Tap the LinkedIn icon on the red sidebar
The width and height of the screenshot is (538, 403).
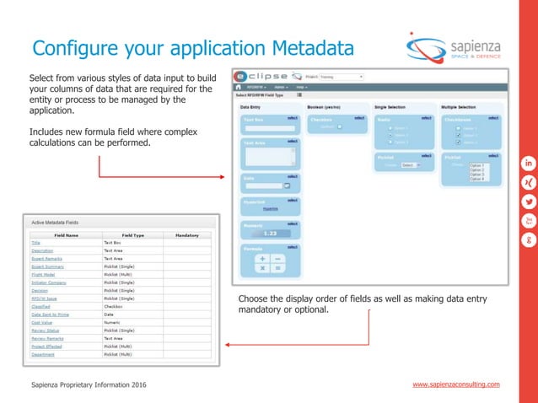[529, 162]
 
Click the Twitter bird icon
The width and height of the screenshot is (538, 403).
[529, 201]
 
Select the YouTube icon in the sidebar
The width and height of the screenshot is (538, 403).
[529, 221]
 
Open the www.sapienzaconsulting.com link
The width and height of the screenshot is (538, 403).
[455, 384]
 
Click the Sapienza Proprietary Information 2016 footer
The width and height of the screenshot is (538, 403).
[88, 384]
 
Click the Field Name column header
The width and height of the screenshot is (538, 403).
[66, 235]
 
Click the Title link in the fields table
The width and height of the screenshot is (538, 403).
[35, 243]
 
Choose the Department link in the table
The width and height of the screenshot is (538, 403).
[43, 354]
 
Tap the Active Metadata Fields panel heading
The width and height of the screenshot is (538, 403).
[62, 222]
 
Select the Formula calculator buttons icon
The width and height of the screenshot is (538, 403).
[270, 261]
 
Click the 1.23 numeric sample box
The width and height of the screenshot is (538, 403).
[270, 234]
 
